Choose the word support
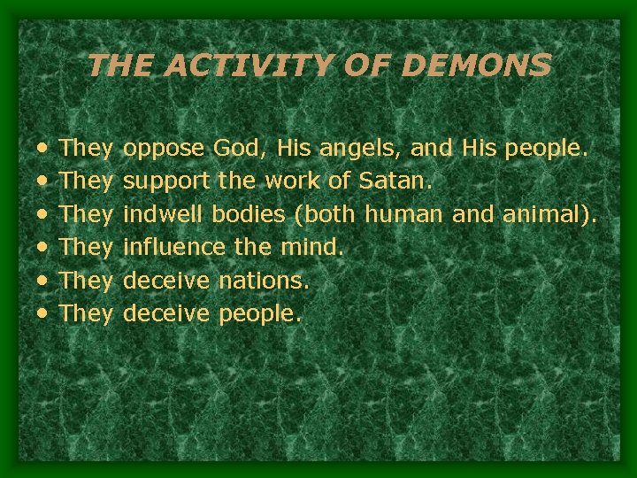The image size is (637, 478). point(166,181)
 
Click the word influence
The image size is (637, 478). point(174,246)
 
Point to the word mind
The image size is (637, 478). point(310,246)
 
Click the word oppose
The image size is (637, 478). point(165,149)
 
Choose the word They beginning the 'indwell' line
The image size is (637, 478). point(86,213)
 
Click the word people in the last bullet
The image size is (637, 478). point(259,314)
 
